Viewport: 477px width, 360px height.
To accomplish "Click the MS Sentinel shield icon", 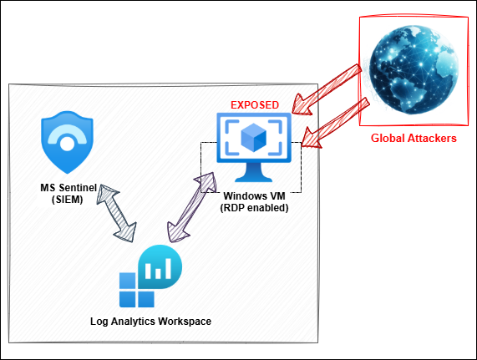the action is [67, 142].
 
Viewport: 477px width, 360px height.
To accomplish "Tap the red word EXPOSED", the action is [255, 105].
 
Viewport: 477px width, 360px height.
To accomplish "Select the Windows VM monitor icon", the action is [254, 147].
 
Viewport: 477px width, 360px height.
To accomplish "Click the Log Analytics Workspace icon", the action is [150, 276].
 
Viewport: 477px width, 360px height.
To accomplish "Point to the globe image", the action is [414, 70].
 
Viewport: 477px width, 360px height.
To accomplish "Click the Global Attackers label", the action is [414, 138].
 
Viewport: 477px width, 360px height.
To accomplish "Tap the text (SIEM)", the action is [67, 200].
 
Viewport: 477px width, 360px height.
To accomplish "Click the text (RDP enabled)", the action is [254, 208].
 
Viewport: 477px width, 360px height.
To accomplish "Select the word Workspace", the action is [185, 322].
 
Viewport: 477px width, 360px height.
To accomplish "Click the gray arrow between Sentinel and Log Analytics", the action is [116, 213].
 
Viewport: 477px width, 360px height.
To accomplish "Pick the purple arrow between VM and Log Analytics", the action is [192, 207].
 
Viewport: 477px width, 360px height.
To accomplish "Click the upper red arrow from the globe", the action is [327, 89].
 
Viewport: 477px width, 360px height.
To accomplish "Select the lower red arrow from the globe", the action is [337, 123].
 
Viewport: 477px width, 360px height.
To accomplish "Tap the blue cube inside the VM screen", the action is [253, 138].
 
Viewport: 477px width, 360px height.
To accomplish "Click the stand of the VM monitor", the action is [253, 172].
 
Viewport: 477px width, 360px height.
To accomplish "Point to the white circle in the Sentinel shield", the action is [67, 144].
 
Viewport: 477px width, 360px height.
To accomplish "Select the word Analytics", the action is [134, 322].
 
